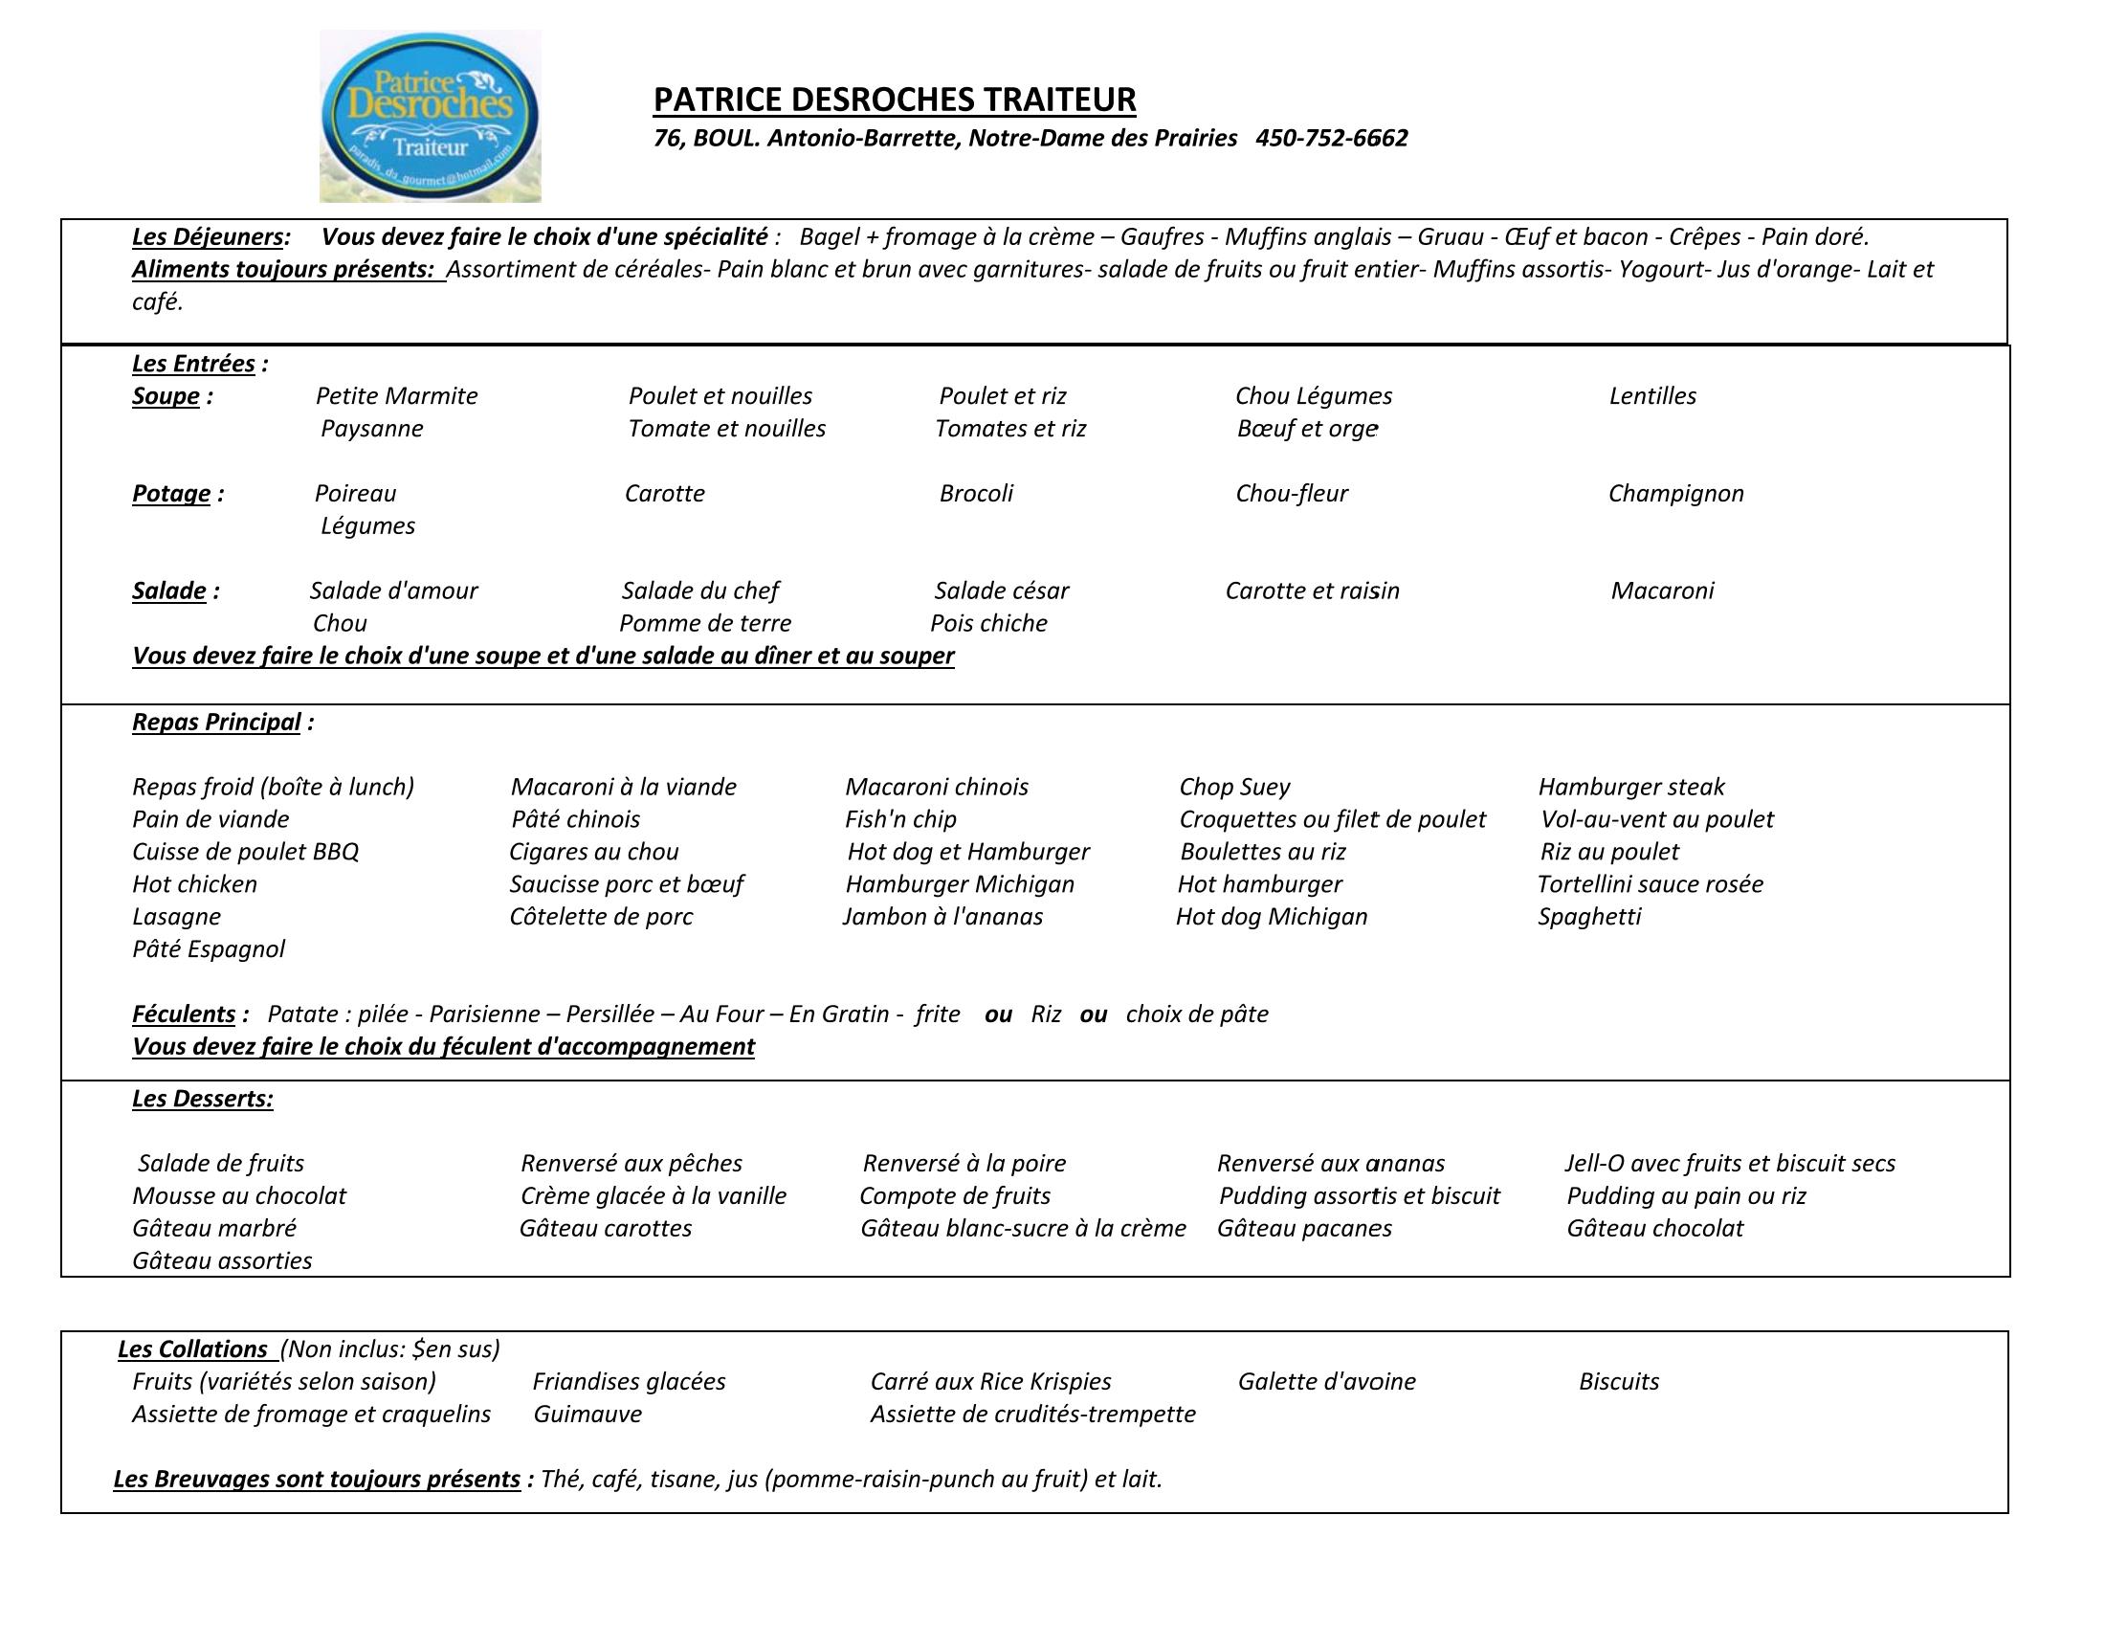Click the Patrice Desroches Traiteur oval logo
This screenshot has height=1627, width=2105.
tap(430, 117)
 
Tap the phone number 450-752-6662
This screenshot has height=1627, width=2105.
tap(1331, 139)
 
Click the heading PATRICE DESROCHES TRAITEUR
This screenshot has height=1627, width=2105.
tap(895, 100)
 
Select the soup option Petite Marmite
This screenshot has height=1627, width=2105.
tap(396, 396)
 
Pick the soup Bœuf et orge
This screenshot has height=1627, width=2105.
tap(1307, 429)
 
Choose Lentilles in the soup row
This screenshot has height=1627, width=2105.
tap(1652, 396)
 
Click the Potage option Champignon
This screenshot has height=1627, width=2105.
tap(1675, 494)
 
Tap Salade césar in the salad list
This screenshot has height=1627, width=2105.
tap(1001, 591)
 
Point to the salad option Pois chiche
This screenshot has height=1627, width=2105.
tap(988, 624)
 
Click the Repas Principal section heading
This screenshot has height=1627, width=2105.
tap(217, 722)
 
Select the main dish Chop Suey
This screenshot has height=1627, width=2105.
tap(1233, 788)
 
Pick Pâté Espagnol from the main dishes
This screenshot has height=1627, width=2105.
tap(209, 949)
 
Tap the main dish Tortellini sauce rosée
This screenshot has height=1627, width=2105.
tap(1650, 885)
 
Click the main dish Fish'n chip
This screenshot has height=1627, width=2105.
tap(900, 820)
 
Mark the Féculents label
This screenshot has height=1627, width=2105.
tap(184, 1014)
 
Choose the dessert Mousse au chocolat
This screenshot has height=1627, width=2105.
tap(239, 1196)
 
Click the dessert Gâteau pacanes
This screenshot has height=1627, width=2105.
tap(1304, 1229)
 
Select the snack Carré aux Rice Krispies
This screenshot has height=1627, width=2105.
tap(990, 1382)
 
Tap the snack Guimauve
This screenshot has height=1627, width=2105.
tap(587, 1415)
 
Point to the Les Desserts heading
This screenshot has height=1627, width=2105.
tap(203, 1100)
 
